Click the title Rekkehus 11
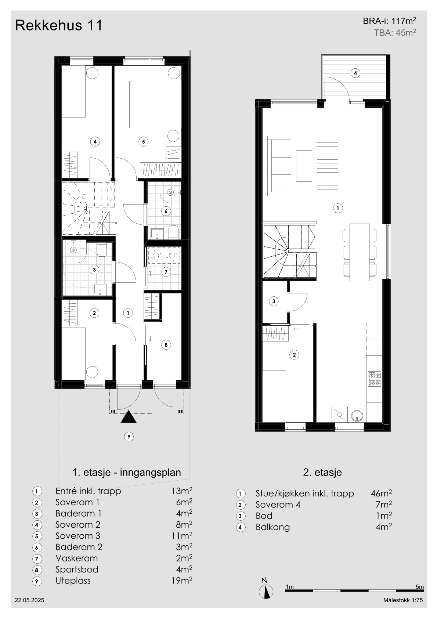(58, 25)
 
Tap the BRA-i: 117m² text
(389, 21)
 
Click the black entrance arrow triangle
(129, 416)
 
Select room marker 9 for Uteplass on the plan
(129, 437)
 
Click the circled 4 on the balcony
(355, 73)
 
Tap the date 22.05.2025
(29, 608)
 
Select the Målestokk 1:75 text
(403, 608)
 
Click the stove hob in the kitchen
(375, 379)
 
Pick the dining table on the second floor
(359, 252)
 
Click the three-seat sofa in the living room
(279, 166)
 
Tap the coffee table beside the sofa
(304, 166)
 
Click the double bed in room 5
(155, 104)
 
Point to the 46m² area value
(381, 493)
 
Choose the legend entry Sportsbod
(77, 570)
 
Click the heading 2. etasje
(322, 472)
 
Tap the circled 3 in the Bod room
(274, 301)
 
